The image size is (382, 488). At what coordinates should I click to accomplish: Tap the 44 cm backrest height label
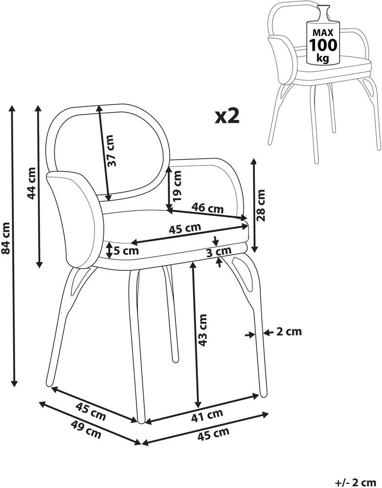(x=31, y=183)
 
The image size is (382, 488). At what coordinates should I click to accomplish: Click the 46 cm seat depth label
(x=207, y=207)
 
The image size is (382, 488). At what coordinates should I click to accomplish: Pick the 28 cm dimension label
(x=261, y=205)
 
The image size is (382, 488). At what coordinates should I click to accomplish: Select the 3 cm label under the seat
(x=219, y=251)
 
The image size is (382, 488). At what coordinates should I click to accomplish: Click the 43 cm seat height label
(x=202, y=330)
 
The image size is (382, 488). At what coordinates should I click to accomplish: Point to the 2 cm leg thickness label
(x=289, y=332)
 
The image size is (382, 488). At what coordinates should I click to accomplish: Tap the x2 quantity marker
(x=227, y=116)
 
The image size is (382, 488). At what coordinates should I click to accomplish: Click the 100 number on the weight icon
(x=323, y=45)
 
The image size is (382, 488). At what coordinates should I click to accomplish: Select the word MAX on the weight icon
(x=323, y=32)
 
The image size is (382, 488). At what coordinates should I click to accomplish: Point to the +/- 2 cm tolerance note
(x=357, y=483)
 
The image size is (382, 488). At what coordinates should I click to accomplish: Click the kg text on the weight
(x=323, y=58)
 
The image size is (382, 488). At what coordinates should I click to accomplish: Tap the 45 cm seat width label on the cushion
(x=185, y=228)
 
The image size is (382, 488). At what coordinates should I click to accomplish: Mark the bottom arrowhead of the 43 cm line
(x=197, y=405)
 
